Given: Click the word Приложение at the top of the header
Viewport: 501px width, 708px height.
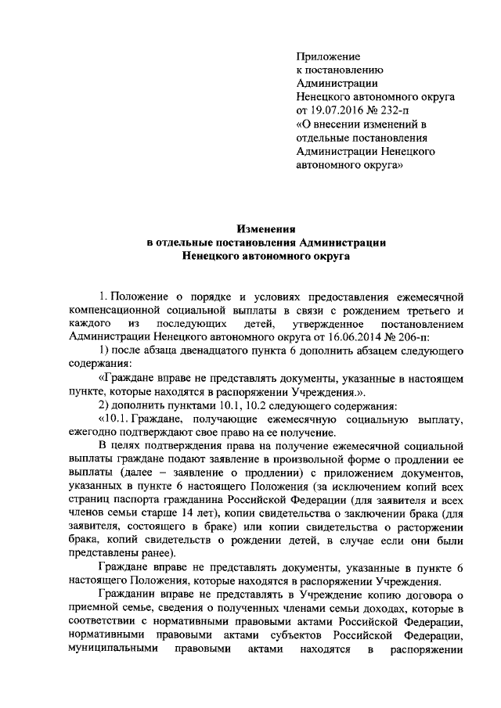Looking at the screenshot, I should [328, 57].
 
